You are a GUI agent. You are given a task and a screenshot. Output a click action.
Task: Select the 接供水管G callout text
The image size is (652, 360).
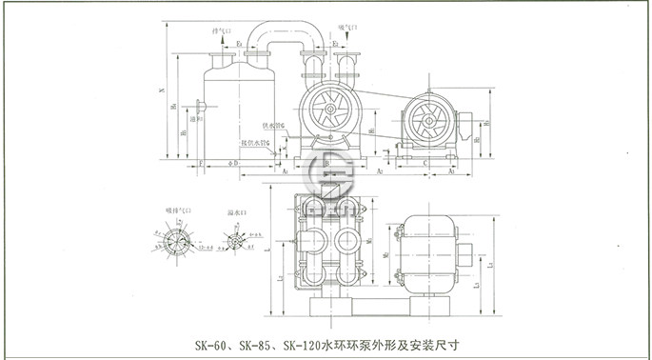263,144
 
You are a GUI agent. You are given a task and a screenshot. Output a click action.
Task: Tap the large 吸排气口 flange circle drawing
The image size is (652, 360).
171,238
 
